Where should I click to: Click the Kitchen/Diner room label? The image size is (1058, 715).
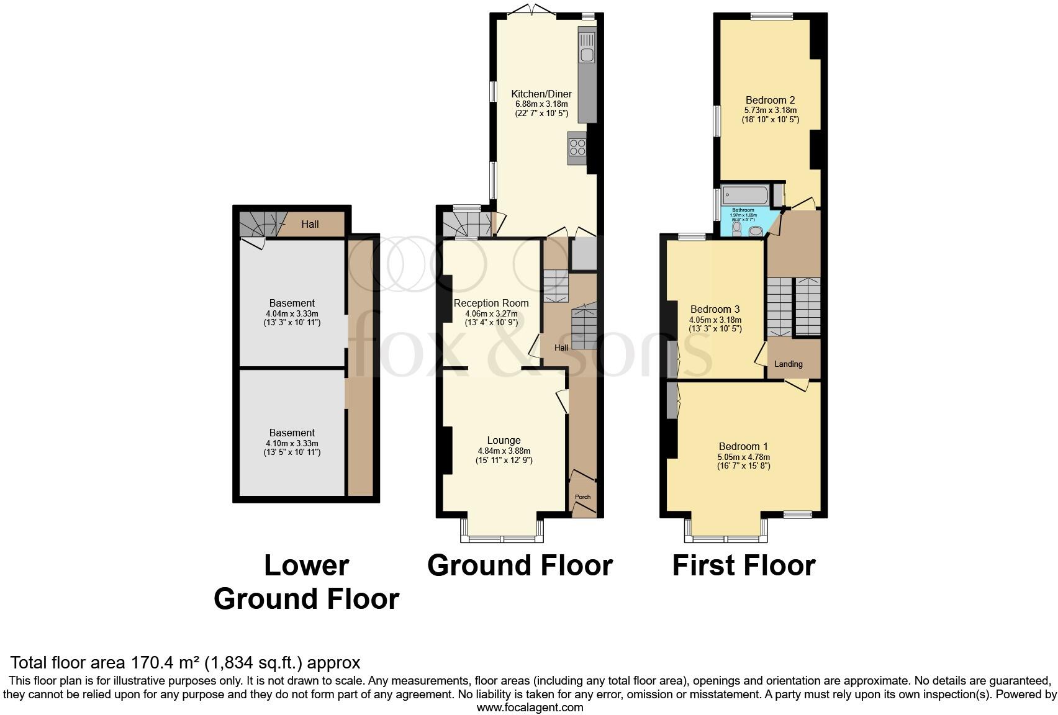tap(541, 94)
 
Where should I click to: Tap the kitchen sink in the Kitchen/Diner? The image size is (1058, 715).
tap(586, 47)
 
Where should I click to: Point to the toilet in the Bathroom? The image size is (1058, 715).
tap(737, 229)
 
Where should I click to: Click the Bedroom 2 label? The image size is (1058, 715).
tap(770, 100)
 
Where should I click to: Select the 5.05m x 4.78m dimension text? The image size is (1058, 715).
tap(743, 457)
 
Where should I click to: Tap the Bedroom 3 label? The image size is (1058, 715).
tap(715, 309)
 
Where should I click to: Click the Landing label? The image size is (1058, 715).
tap(789, 364)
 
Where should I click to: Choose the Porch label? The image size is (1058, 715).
tap(582, 497)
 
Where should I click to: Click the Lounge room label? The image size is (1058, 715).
tap(504, 440)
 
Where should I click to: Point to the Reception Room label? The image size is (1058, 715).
tap(491, 303)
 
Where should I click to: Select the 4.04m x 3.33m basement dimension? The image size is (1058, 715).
tap(292, 313)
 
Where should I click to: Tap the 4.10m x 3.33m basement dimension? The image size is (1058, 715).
tap(292, 443)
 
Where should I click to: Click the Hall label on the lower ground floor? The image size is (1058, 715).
tap(310, 224)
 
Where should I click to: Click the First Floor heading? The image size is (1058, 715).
tap(743, 565)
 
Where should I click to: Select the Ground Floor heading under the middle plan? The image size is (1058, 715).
tap(520, 565)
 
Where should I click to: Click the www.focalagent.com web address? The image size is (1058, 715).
tap(530, 707)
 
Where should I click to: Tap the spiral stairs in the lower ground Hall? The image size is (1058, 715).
tap(258, 224)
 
